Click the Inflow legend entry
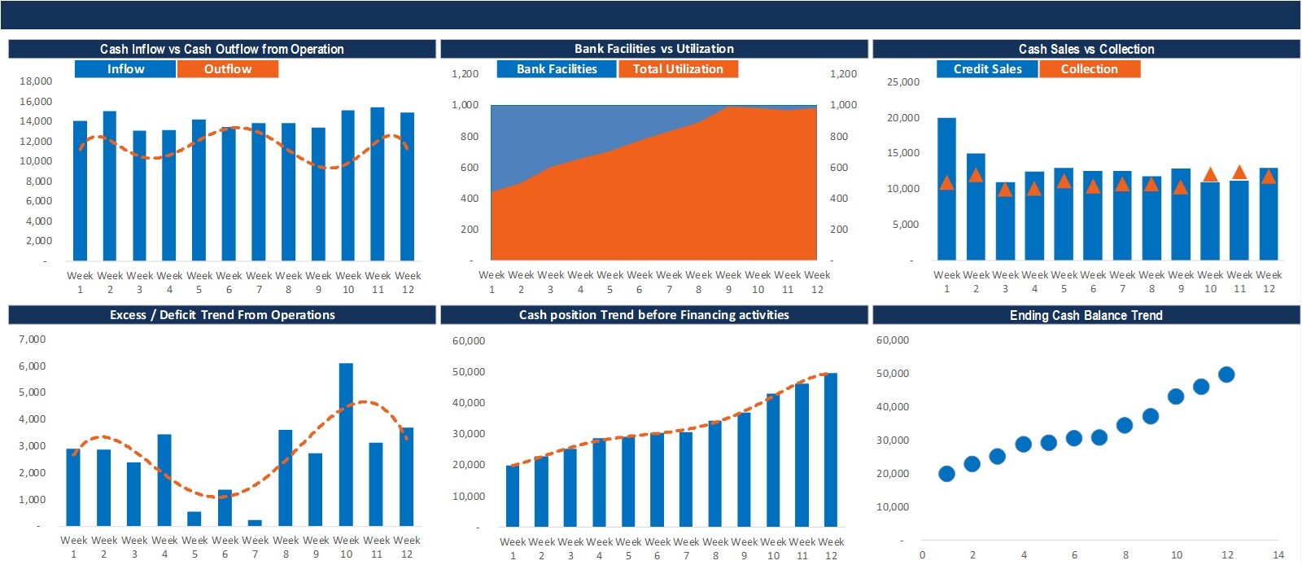(125, 69)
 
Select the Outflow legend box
(228, 69)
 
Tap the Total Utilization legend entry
(678, 69)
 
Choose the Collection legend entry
(1089, 69)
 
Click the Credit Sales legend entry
(987, 69)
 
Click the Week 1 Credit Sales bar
(946, 189)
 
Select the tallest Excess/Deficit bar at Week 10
(346, 444)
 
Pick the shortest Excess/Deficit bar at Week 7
(255, 523)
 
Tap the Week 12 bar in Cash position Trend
(831, 449)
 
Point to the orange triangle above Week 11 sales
(1239, 173)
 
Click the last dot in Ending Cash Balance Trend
(1226, 374)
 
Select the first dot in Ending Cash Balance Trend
(946, 474)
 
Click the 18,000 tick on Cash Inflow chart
(36, 81)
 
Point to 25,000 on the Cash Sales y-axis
(903, 82)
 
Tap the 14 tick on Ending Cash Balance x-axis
(1278, 555)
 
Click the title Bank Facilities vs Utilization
(653, 49)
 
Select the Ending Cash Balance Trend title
(1086, 315)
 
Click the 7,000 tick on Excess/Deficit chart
(33, 339)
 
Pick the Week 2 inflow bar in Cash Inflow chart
(109, 186)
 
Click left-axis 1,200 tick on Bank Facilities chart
(465, 74)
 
